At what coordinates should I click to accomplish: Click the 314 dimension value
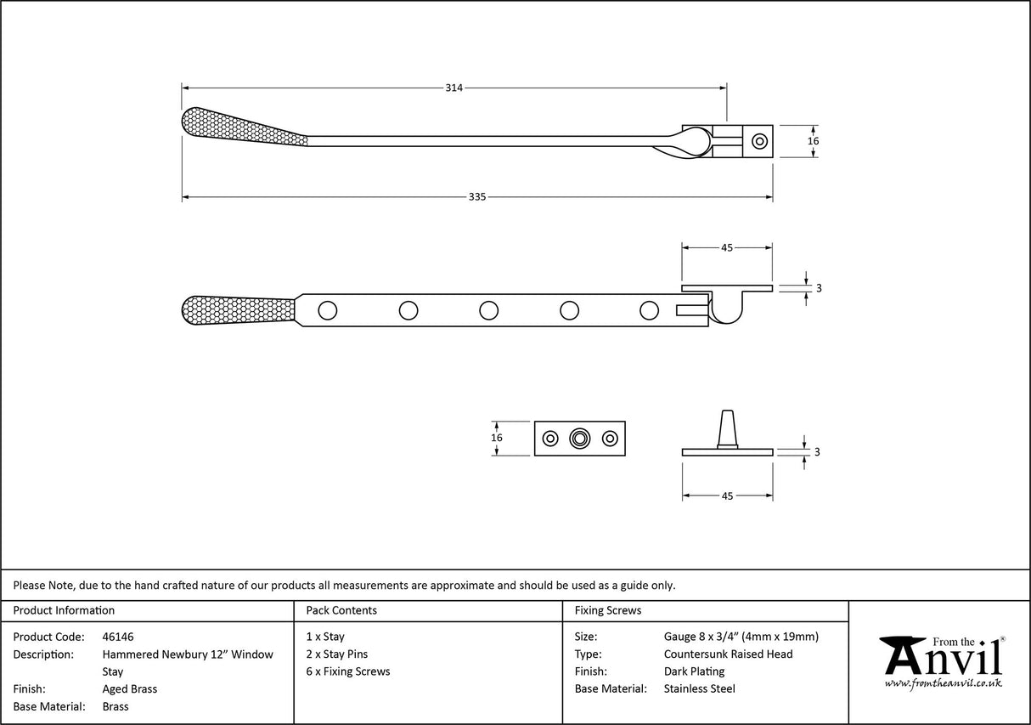454,88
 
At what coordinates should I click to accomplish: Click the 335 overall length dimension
476,197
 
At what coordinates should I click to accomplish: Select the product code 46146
117,637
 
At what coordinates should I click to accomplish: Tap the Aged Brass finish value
129,689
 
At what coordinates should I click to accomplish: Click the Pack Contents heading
341,610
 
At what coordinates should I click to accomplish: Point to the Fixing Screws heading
608,610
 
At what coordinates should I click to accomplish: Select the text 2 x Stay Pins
336,654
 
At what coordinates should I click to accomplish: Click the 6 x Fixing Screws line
348,671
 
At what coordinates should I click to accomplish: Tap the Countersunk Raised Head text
728,654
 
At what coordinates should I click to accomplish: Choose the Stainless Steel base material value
699,689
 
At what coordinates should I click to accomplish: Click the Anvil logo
941,658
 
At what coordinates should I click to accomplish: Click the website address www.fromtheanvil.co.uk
943,683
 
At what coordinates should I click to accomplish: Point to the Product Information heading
64,610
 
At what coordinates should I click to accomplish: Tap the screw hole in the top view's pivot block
760,141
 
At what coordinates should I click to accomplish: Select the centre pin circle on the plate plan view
580,439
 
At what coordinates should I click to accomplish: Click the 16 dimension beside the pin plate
497,438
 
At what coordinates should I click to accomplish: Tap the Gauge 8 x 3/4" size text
741,637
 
